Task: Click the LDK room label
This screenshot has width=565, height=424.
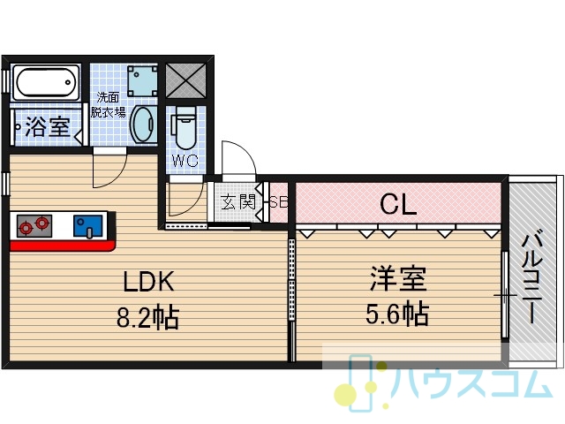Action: pos(149,281)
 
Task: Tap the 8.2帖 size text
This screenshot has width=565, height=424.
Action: pos(148,317)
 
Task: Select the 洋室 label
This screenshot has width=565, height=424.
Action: pos(398,278)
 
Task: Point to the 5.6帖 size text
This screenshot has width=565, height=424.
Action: pos(397,314)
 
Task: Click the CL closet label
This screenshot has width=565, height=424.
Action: pos(398,204)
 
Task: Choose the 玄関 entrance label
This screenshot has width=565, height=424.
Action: pos(237,202)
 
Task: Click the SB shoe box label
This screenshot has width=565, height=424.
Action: pos(279,202)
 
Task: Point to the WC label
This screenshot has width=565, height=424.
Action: pos(185,161)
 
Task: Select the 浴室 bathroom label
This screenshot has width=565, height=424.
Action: pos(47,126)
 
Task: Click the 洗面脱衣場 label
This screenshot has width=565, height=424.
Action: pos(108,105)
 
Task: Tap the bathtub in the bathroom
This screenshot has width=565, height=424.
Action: pos(45,82)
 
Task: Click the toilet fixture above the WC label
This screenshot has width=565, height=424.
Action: pos(185,127)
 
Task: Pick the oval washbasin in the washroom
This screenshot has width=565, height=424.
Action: pos(144,125)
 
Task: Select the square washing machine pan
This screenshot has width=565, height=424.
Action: pos(142,80)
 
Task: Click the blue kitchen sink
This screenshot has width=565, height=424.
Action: pos(88,227)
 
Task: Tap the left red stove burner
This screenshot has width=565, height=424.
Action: pos(26,228)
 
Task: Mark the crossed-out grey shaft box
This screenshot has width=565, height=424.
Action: pos(185,80)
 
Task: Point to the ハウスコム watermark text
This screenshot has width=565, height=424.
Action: pos(472,382)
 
